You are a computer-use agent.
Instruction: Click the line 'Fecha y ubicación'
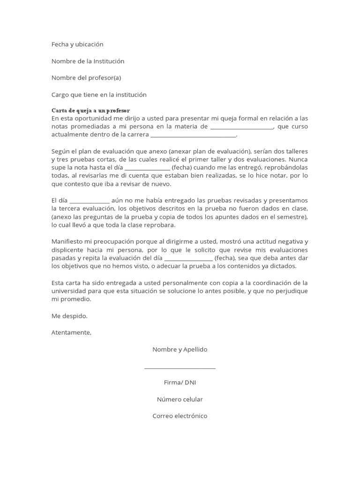click(77, 44)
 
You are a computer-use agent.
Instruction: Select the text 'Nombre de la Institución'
click(88, 61)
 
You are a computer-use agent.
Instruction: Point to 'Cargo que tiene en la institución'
click(99, 95)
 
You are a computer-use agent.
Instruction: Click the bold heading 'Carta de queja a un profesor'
click(90, 110)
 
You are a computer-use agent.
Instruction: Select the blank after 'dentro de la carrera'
click(193, 135)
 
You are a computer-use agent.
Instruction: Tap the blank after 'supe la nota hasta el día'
click(147, 168)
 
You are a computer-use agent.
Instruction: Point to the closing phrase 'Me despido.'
click(69, 316)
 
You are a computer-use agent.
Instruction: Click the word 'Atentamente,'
click(72, 333)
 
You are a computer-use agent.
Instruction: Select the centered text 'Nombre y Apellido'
click(180, 350)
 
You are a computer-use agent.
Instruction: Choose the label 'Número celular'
click(180, 399)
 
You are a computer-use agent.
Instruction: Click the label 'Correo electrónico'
click(180, 416)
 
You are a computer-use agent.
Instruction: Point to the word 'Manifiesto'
click(67, 241)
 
